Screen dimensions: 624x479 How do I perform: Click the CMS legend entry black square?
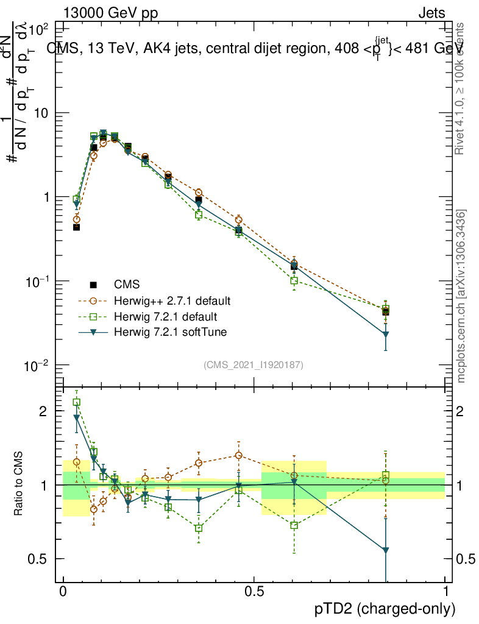coord(93,285)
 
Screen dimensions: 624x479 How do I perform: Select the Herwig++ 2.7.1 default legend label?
coord(172,301)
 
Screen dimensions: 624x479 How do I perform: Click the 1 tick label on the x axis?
coord(445,592)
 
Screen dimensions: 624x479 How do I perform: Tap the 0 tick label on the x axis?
coord(63,592)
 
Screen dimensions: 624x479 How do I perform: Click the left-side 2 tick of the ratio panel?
coord(43,411)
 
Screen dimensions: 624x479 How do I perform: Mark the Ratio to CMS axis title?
coord(19,484)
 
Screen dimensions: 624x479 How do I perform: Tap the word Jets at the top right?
coord(431,13)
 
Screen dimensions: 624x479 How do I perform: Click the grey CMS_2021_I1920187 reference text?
coord(254,365)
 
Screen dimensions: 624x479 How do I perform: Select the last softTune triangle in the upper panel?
coord(386,334)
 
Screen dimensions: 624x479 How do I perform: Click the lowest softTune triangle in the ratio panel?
coord(386,550)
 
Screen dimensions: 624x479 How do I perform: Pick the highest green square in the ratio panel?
coord(77,402)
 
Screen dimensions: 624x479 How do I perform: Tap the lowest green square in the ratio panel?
coord(294,525)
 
